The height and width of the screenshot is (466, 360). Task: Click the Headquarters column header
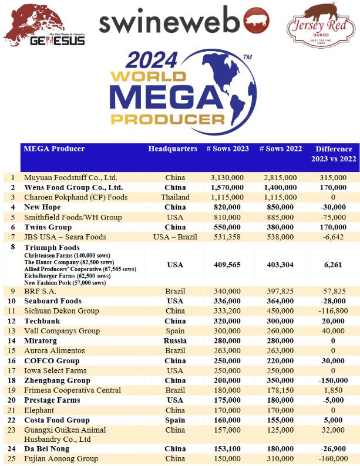click(173, 149)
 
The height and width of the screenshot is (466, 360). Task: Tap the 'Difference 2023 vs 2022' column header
click(334, 154)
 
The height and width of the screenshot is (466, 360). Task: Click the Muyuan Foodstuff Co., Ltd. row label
click(70, 177)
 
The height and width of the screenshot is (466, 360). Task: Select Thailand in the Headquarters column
click(175, 197)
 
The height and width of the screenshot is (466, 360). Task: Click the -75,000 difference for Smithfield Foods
click(334, 217)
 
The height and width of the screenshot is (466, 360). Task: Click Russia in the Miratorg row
click(175, 340)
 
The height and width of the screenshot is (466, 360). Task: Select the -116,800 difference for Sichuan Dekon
click(334, 310)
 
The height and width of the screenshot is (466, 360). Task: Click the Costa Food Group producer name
click(57, 420)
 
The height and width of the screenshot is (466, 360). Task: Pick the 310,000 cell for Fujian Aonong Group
click(280, 458)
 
